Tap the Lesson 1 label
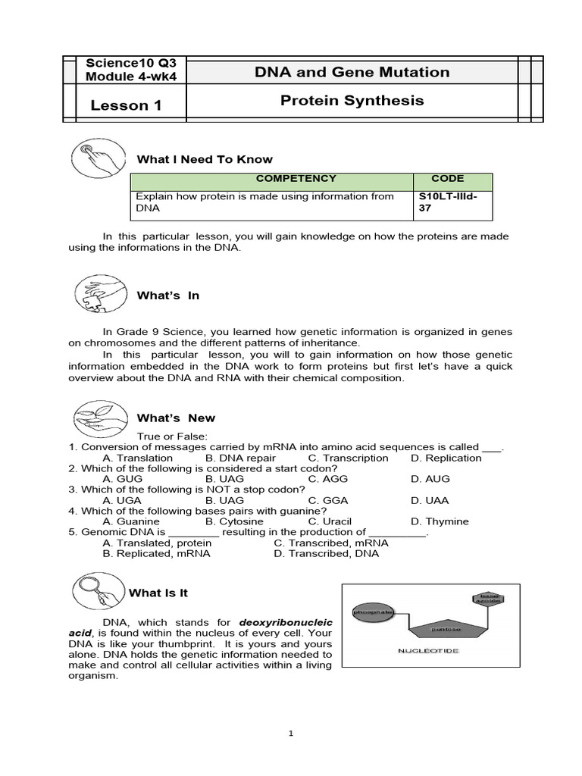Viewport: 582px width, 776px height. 126,105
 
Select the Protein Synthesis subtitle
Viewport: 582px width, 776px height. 352,101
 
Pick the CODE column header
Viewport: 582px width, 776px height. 447,179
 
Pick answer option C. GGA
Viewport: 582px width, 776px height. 327,500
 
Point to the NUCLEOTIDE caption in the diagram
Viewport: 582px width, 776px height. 429,651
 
